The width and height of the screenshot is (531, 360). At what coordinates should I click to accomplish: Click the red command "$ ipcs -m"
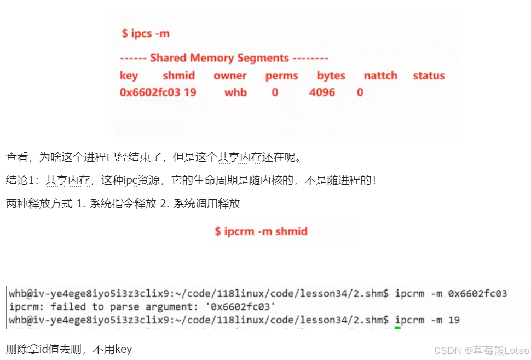tap(146, 33)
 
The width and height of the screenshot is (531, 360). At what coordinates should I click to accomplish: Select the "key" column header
tap(129, 76)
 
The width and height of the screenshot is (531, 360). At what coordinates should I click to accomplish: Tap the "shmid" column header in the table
tap(178, 76)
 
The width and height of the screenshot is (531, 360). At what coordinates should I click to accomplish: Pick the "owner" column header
tap(230, 76)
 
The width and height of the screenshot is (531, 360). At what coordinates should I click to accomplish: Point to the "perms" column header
tap(281, 76)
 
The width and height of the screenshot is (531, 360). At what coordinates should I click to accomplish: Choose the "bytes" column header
tap(331, 76)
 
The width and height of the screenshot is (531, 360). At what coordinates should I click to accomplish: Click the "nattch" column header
tap(380, 76)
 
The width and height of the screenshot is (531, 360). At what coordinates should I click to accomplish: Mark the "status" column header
tap(429, 76)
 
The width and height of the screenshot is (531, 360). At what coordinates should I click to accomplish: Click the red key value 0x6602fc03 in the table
tap(149, 92)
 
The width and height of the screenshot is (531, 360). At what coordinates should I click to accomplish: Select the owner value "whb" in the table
tap(235, 92)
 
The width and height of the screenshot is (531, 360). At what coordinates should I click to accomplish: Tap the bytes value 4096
tap(322, 92)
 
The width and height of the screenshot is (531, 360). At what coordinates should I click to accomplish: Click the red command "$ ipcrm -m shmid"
tap(261, 231)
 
